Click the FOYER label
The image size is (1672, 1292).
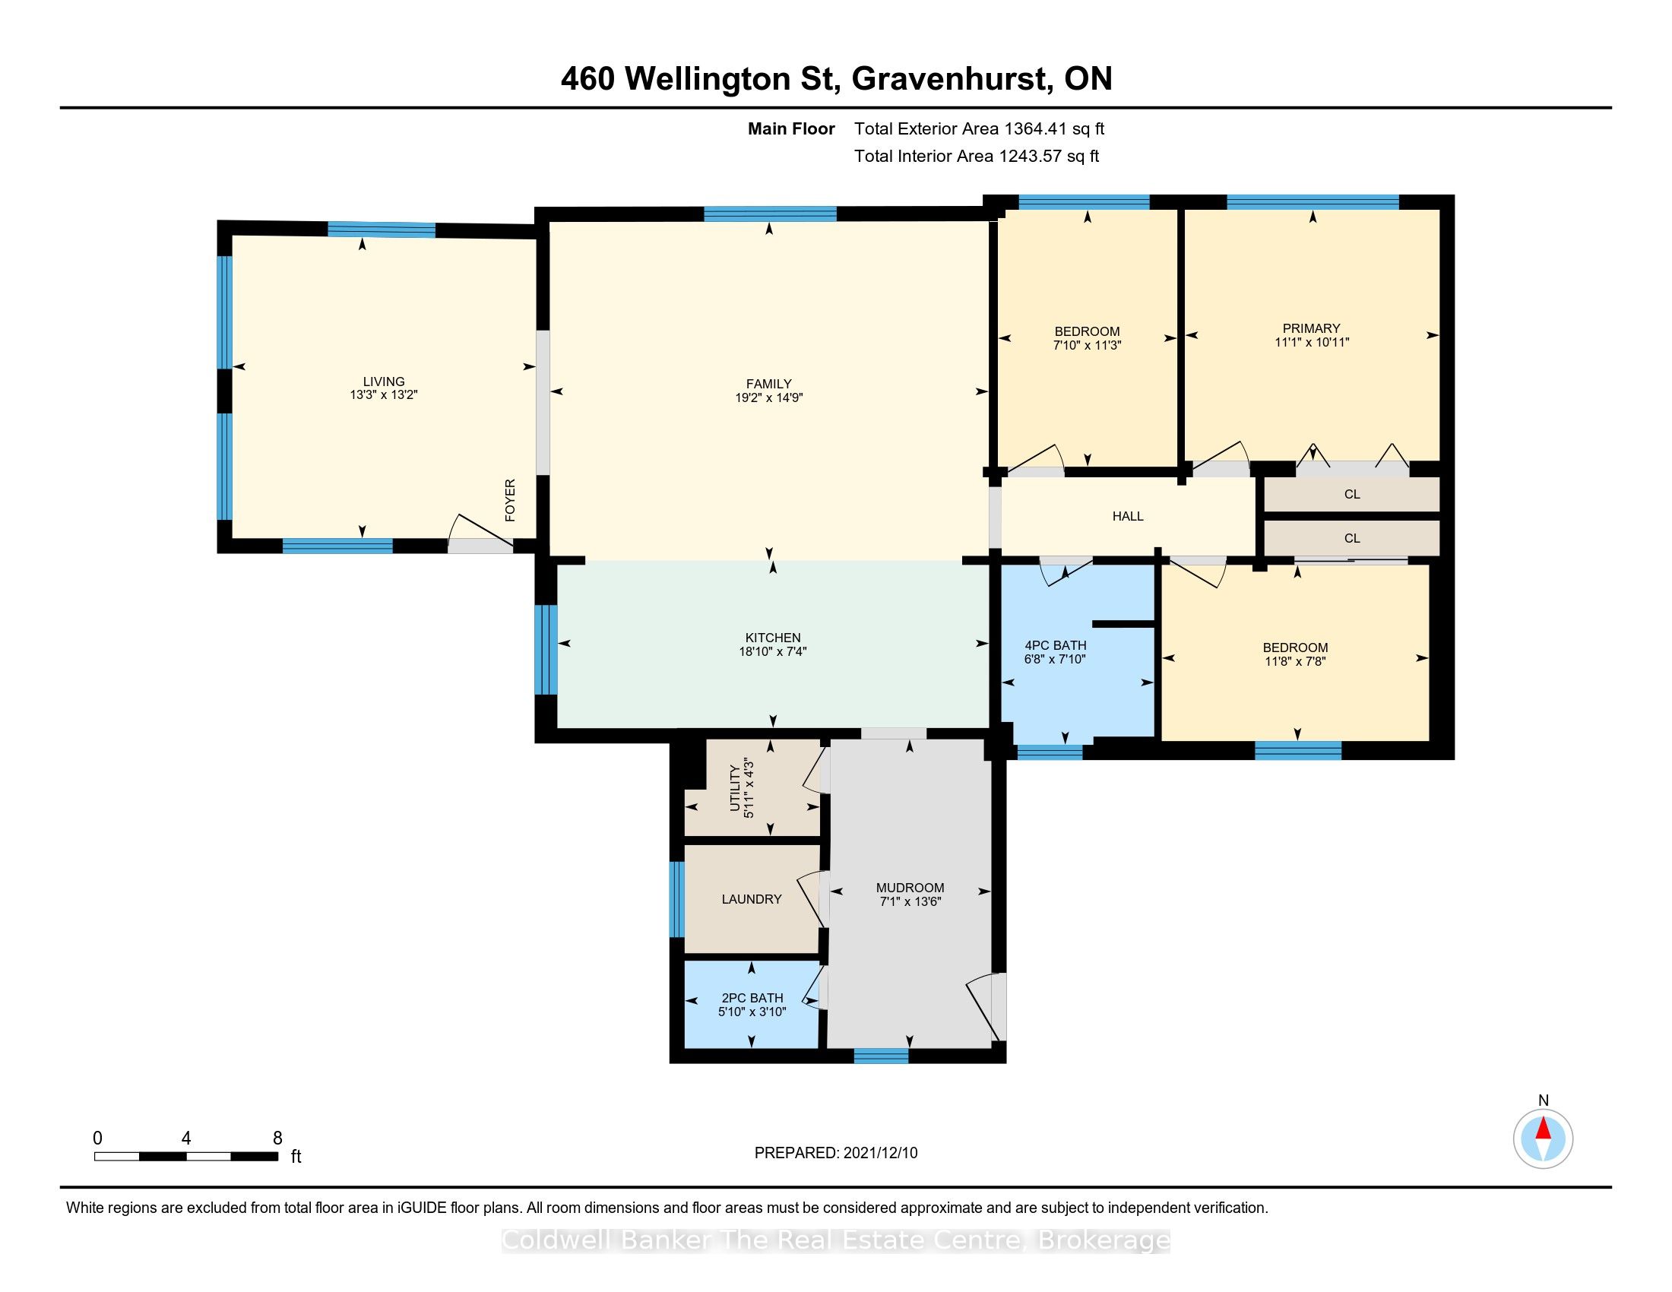coord(510,501)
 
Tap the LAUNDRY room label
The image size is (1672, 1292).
coord(752,899)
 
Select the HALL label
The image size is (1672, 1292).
coord(1128,517)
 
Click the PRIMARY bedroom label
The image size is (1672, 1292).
coord(1312,328)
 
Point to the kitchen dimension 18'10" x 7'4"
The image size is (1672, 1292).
coord(773,651)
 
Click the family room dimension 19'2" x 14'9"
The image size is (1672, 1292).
coord(768,398)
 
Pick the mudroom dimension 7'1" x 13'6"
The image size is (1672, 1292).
coord(910,901)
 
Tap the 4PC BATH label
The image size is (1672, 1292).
coord(1055,645)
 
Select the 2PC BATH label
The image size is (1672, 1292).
coord(752,998)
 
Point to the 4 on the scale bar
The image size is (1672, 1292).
coord(186,1138)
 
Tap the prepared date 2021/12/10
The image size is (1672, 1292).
coord(880,1153)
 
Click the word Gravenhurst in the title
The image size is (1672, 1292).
coord(948,79)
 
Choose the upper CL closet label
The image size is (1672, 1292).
coord(1352,495)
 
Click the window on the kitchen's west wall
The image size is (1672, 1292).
coord(546,650)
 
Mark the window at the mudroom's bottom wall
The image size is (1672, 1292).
coord(881,1056)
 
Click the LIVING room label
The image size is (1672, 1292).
coord(384,382)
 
